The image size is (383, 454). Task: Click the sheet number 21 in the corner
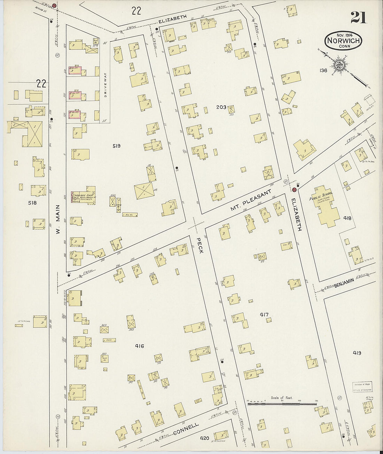point(358,17)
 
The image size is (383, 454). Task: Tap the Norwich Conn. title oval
point(344,41)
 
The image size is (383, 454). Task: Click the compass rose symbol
point(339,64)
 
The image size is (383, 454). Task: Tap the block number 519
point(116,146)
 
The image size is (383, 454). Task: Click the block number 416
point(140,346)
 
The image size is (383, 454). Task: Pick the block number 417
point(264,315)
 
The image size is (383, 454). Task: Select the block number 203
point(221,107)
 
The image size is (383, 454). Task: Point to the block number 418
point(347,218)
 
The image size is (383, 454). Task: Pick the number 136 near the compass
point(323,71)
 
